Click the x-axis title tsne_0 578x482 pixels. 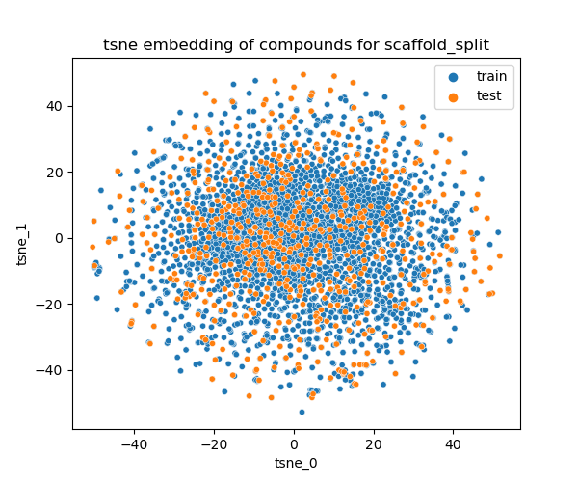pos(296,463)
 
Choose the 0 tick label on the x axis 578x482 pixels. pos(295,444)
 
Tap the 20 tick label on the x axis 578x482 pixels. pos(375,444)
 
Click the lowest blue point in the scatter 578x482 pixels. pos(302,412)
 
